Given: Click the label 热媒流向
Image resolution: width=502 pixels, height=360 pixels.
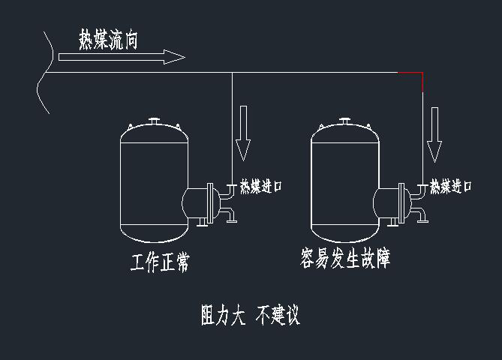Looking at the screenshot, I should tap(108, 40).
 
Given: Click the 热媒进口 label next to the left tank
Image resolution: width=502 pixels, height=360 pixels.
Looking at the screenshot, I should tap(260, 186).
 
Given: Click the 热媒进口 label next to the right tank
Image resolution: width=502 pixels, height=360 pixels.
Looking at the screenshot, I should tap(451, 186).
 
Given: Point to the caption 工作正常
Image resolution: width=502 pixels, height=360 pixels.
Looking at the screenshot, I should tap(159, 263).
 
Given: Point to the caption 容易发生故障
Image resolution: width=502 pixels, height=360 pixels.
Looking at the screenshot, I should tap(344, 259).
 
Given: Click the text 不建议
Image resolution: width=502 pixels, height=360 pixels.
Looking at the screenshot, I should tap(278, 316).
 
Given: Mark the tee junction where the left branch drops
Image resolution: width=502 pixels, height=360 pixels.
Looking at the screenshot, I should tap(232, 73).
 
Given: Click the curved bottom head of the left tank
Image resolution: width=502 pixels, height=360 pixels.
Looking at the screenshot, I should tap(153, 235).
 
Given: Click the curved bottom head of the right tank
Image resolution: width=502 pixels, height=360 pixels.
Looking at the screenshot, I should tap(344, 235).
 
